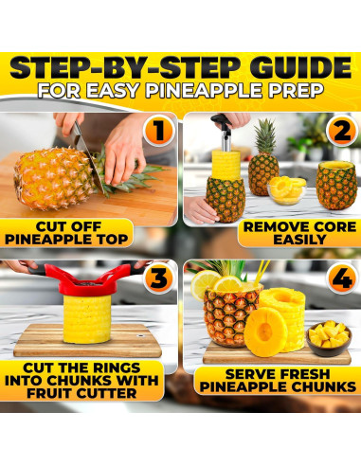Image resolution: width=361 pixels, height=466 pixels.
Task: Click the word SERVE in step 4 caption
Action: point(234,373)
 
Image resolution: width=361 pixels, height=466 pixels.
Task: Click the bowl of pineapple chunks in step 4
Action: point(330,336)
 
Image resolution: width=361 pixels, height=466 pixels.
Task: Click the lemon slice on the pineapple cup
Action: point(206,282)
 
